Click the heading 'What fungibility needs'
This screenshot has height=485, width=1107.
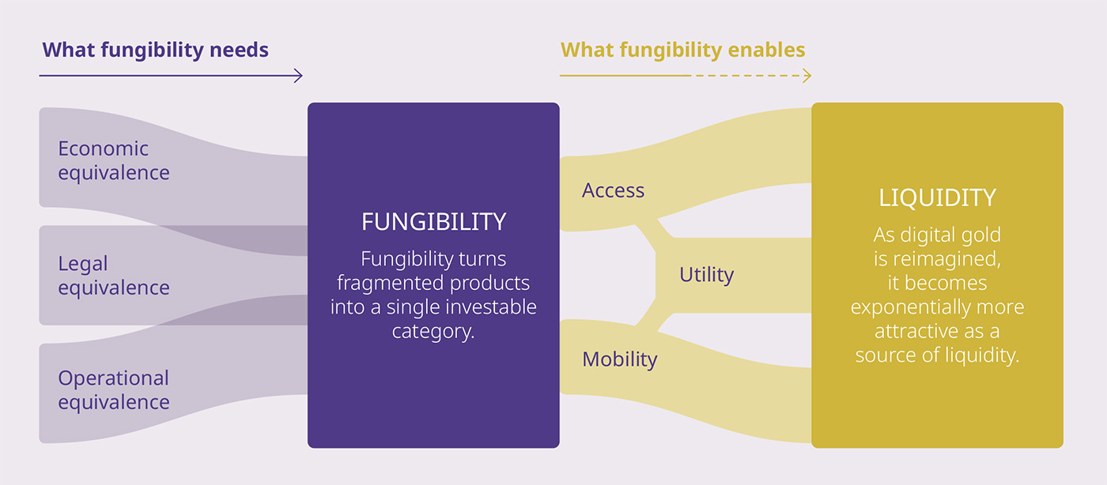tap(155, 51)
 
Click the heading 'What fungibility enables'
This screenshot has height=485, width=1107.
tap(682, 51)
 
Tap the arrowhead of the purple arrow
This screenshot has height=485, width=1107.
tap(298, 76)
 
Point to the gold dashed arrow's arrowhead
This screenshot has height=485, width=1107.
tap(807, 76)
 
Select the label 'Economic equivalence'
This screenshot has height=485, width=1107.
tap(113, 160)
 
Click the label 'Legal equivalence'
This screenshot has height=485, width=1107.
tap(113, 276)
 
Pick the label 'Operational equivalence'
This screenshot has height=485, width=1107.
tap(113, 390)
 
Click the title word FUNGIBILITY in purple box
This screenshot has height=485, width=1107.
tap(433, 222)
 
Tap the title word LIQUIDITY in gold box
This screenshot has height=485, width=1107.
tap(937, 197)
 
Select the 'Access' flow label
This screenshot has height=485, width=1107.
tap(613, 190)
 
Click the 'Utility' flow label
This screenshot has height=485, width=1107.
tap(706, 275)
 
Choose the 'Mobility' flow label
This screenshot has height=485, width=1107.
tap(619, 359)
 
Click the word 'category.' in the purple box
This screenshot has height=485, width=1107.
tap(433, 330)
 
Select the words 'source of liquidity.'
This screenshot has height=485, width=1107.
tap(937, 355)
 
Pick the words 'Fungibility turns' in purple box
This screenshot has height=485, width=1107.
tap(433, 259)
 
